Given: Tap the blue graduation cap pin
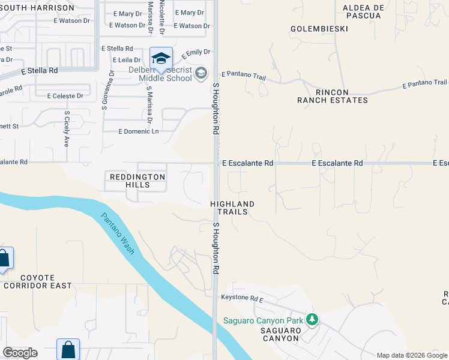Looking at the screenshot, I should [x=161, y=58].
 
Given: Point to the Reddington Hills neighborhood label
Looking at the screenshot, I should [x=137, y=181].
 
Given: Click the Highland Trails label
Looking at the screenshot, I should [x=232, y=208].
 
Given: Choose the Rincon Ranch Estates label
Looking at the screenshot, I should [x=332, y=96].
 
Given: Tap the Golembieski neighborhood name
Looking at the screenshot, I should [x=318, y=28].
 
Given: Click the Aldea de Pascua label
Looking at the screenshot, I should [x=362, y=11].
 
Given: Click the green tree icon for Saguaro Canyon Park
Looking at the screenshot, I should [x=312, y=319].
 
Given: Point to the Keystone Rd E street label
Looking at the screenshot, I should [x=243, y=298].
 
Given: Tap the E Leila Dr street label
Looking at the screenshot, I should [x=126, y=60].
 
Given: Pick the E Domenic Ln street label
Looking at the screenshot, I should [x=139, y=131].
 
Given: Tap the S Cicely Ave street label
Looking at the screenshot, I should [x=66, y=128].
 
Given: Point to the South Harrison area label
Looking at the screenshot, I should [x=37, y=8].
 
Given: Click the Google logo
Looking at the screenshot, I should [x=20, y=353].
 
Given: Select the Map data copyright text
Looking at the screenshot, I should [x=411, y=355].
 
